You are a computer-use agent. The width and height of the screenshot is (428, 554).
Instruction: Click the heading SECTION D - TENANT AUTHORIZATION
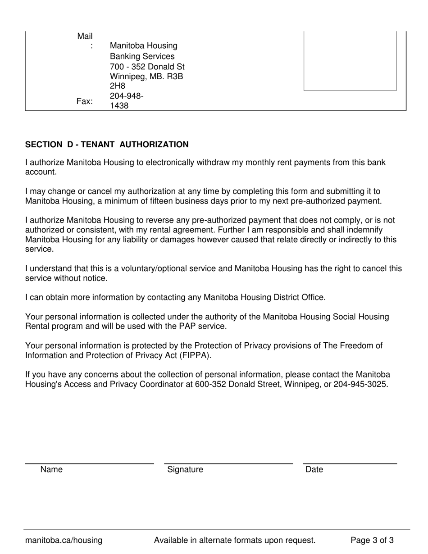(x=107, y=145)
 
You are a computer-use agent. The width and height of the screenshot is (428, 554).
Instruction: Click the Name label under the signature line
(x=51, y=470)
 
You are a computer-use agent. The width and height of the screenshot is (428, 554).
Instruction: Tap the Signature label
(x=185, y=470)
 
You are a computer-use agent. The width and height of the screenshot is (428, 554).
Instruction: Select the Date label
(x=314, y=470)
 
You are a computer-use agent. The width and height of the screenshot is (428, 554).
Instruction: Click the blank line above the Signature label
(x=228, y=463)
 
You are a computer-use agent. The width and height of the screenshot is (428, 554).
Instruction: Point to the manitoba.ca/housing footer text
(x=64, y=540)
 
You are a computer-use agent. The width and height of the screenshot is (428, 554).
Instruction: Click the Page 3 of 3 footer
(x=372, y=540)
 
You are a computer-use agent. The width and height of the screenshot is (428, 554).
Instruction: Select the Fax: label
(x=85, y=101)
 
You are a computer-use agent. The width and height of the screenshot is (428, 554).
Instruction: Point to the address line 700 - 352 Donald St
(x=147, y=67)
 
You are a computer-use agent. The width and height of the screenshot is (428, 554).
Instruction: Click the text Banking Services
(x=142, y=56)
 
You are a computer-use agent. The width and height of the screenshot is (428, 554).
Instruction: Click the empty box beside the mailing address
(x=350, y=61)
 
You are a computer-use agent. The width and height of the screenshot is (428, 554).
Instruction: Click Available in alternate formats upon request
(x=234, y=540)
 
